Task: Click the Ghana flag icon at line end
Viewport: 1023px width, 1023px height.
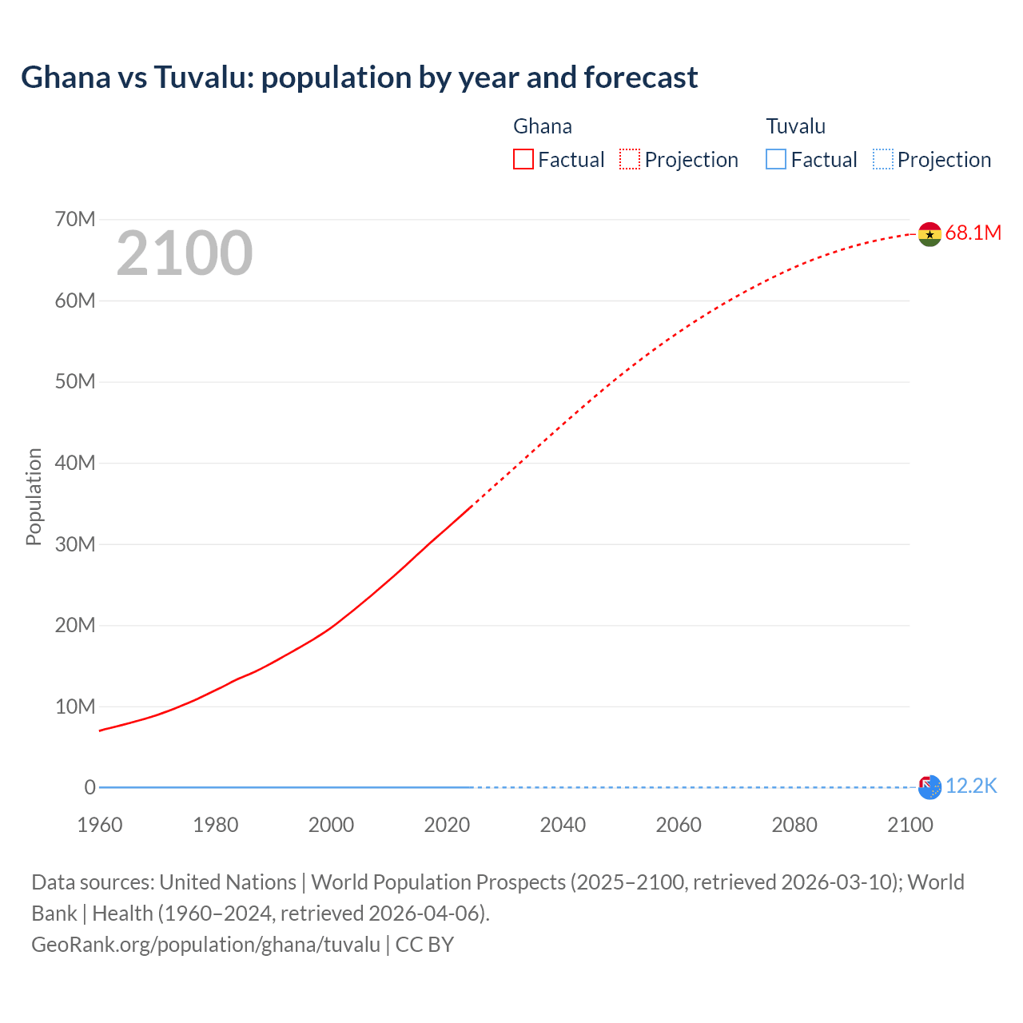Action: (929, 234)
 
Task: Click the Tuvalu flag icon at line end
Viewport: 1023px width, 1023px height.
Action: (929, 787)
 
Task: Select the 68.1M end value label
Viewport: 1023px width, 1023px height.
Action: (973, 233)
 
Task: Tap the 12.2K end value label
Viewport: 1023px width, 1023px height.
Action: (971, 786)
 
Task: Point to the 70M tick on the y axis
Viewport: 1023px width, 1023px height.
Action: (75, 219)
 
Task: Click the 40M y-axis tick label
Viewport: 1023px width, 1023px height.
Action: (75, 463)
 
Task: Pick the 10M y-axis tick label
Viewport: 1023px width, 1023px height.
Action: (75, 707)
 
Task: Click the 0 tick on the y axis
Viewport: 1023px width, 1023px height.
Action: (90, 787)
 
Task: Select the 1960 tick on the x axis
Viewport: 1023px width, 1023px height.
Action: (100, 825)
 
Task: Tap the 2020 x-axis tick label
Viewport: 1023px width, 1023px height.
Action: (447, 825)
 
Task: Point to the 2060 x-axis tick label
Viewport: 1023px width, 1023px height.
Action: (679, 825)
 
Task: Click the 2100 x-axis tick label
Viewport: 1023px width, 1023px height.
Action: (910, 825)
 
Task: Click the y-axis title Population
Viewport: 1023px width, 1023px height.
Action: (34, 496)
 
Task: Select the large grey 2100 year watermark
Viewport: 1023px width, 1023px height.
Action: (185, 253)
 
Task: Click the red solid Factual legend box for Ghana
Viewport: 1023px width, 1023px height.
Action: (523, 160)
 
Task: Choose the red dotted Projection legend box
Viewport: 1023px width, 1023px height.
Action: (630, 160)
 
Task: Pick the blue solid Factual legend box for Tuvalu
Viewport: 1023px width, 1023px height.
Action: (776, 160)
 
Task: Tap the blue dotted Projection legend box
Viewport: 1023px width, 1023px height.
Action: (882, 160)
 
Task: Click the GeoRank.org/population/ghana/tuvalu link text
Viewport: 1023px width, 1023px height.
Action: (205, 945)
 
